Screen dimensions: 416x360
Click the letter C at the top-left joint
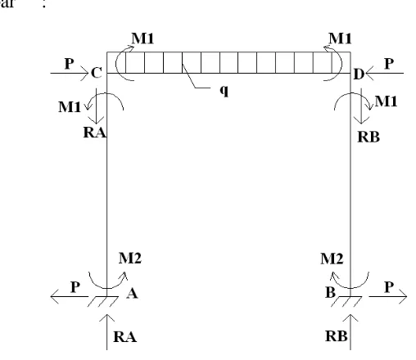[97, 73]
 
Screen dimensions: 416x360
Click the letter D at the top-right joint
[359, 74]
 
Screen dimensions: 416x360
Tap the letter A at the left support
[132, 294]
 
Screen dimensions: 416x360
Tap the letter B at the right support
[330, 293]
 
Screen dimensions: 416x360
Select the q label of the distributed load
[224, 90]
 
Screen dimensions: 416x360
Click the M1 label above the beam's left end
[142, 38]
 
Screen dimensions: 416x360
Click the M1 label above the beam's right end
[340, 38]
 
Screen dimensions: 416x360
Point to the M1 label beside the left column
[70, 106]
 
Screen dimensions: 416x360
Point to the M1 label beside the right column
[386, 101]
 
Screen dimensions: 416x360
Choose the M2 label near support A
[130, 258]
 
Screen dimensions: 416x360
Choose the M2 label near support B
[332, 259]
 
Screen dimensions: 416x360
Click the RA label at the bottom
[124, 336]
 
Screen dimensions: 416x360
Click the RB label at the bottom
[337, 336]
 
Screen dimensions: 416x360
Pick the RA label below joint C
[95, 133]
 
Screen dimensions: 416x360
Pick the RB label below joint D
[369, 137]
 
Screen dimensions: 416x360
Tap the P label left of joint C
[70, 64]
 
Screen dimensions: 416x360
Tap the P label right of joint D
[389, 64]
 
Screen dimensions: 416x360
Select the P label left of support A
[75, 287]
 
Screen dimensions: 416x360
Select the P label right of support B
[389, 287]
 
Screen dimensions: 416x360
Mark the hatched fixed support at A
[103, 301]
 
